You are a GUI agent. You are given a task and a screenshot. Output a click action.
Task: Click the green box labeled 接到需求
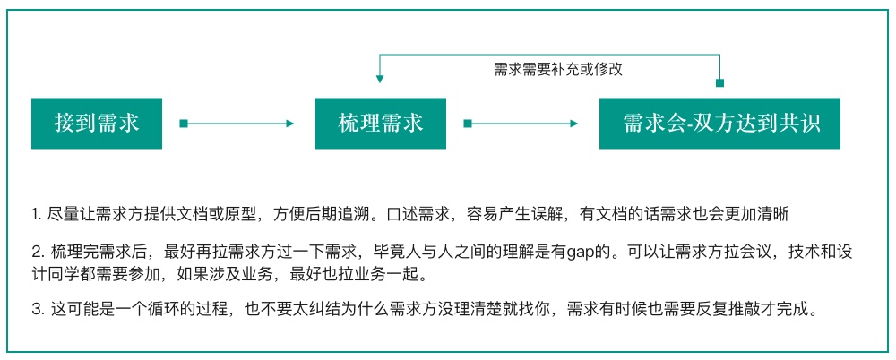pos(97,124)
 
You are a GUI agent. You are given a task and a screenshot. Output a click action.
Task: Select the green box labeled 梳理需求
pos(381,124)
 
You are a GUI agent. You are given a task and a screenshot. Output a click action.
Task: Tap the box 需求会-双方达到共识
pos(719,124)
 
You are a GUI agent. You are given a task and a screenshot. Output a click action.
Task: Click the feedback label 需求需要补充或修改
pos(557,70)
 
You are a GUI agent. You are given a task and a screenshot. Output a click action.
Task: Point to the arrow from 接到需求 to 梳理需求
pos(237,124)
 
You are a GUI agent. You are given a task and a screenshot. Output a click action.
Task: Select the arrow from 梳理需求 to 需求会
pos(521,124)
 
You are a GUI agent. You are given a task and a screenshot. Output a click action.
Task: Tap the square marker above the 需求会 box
pos(720,83)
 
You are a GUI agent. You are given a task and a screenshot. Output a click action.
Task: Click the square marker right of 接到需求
pos(184,124)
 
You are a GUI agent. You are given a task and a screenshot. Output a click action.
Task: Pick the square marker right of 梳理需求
pos(468,124)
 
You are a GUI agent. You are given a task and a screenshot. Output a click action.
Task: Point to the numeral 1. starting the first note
pos(37,215)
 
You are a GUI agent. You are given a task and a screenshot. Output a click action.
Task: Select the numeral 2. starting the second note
pos(38,253)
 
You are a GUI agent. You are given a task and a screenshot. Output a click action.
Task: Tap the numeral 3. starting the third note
pos(38,310)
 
